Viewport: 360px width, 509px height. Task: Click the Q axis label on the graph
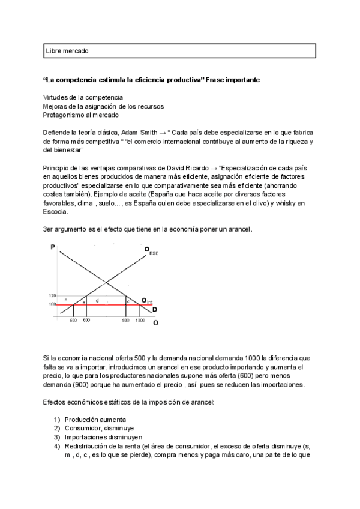coord(156,323)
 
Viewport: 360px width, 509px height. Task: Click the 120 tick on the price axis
coord(52,296)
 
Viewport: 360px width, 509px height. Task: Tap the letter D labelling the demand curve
coord(155,310)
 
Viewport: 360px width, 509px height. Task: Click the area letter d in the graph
coord(97,300)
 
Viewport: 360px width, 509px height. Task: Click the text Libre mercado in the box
coord(67,51)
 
